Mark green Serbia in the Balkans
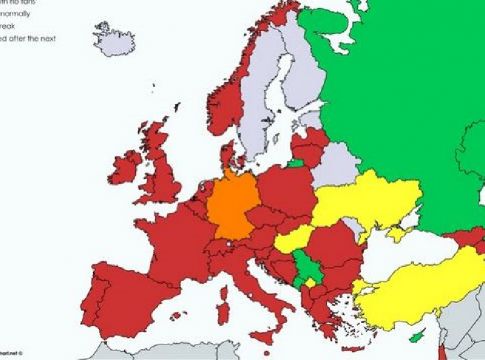[x=303, y=265]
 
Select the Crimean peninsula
[x=393, y=234]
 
